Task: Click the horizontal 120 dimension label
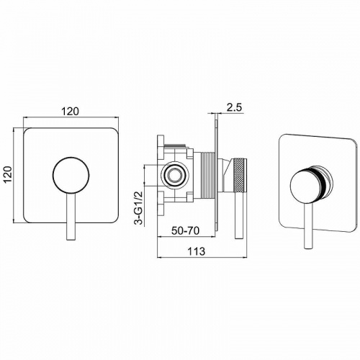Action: (x=70, y=112)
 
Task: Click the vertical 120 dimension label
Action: (x=9, y=175)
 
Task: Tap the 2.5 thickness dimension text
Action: (x=234, y=107)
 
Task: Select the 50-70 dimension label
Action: (x=185, y=231)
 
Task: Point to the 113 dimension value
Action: (x=197, y=251)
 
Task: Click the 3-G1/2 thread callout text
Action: (x=139, y=208)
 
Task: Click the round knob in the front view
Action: (x=71, y=175)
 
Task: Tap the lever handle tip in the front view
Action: (x=71, y=239)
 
